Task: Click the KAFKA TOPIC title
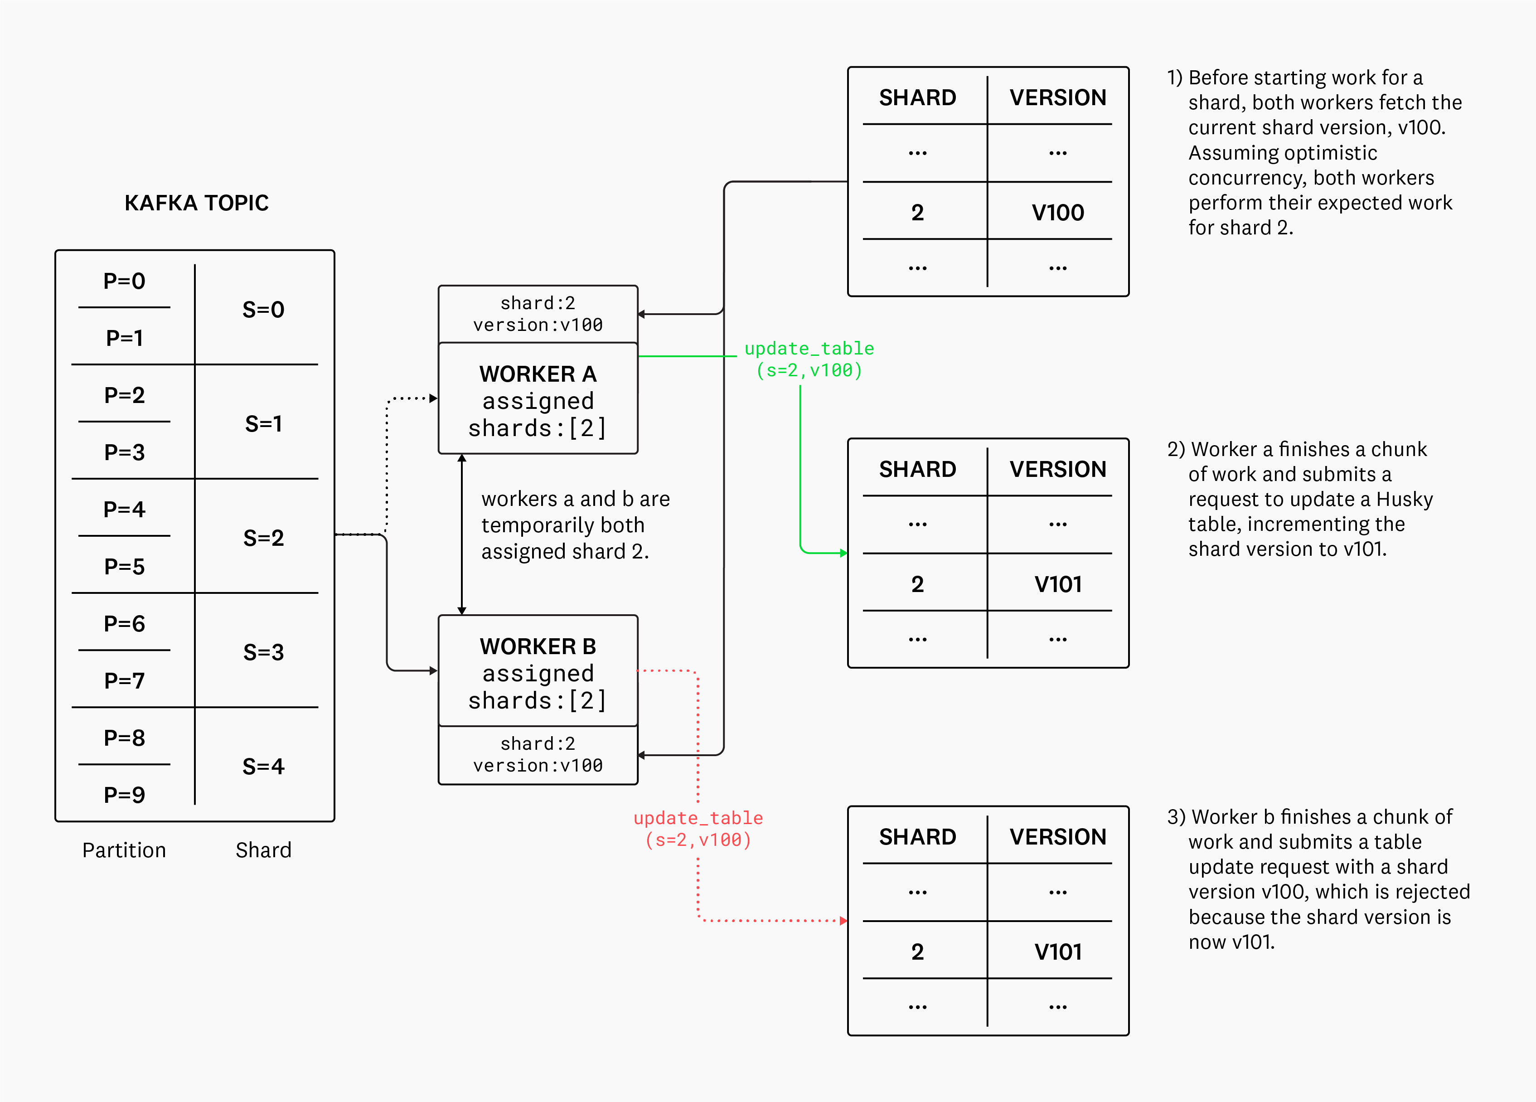tap(196, 203)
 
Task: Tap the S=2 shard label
tap(263, 538)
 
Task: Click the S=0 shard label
tap(263, 310)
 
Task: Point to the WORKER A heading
tap(538, 374)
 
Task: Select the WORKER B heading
tap(538, 646)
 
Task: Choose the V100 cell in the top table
tap(1057, 213)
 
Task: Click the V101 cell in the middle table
tap(1057, 584)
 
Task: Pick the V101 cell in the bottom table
tap(1057, 952)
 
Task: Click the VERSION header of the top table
tap(1057, 97)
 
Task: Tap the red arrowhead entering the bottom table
tap(843, 921)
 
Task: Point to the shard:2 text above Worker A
tap(538, 303)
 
